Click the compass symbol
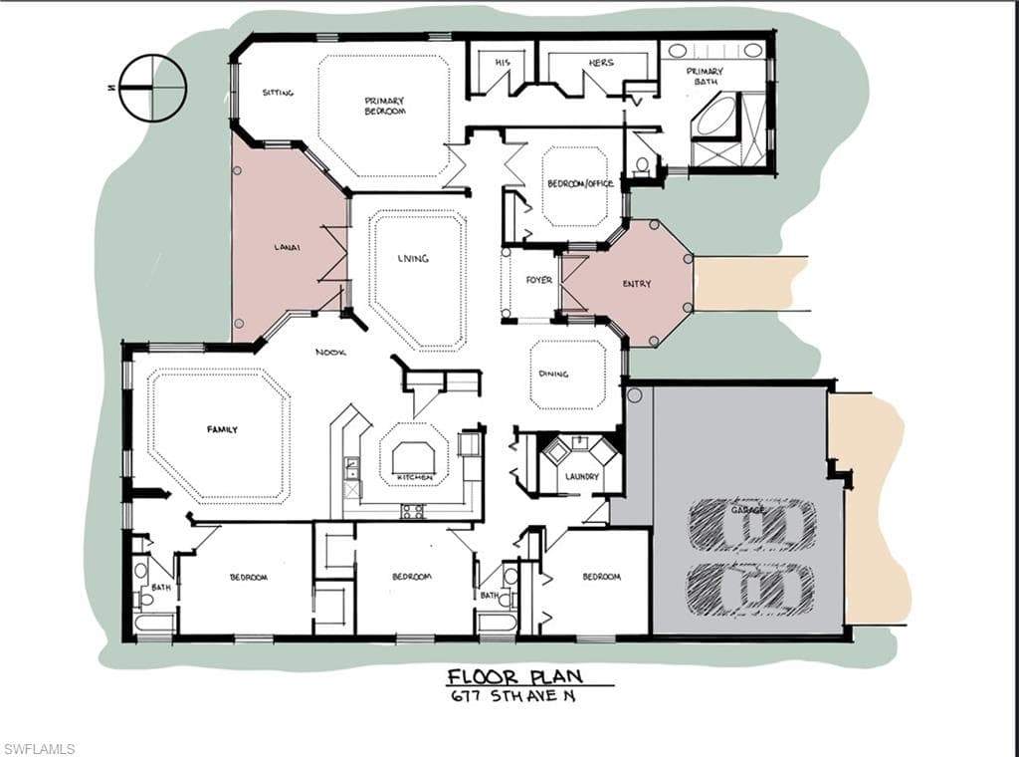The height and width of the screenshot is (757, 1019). (x=152, y=88)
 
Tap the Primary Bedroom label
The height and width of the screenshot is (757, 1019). (x=384, y=106)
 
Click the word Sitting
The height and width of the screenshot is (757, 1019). (x=278, y=93)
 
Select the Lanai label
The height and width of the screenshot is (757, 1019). (x=287, y=247)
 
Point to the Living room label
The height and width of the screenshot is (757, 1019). (x=413, y=258)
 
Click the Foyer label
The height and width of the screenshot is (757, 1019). (x=538, y=280)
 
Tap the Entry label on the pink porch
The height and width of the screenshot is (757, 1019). (x=636, y=284)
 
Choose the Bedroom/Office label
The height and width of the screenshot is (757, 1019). (x=580, y=183)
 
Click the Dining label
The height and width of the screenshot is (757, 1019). (x=553, y=374)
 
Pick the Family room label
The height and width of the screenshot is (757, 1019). (x=222, y=429)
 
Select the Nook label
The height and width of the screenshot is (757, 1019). (x=330, y=353)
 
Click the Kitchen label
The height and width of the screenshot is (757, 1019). (x=415, y=477)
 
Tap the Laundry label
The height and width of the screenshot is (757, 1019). (x=581, y=477)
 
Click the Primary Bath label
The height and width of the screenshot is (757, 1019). (x=705, y=76)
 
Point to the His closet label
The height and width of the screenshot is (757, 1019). (x=503, y=63)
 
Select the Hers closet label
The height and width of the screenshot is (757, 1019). (x=600, y=63)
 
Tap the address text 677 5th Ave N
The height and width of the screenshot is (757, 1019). (x=513, y=696)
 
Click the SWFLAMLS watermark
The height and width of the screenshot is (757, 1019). (x=39, y=749)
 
